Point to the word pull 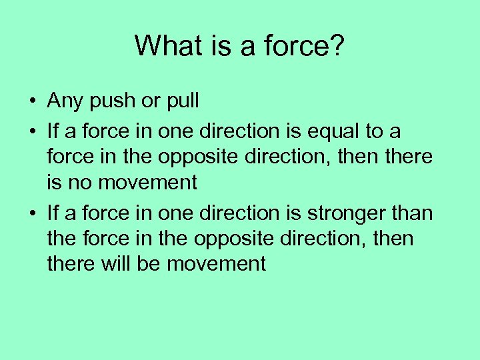click(x=181, y=101)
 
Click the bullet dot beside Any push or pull click(x=32, y=102)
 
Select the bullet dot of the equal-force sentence click(x=32, y=133)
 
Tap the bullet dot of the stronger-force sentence click(x=32, y=214)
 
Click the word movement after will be click(x=216, y=264)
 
